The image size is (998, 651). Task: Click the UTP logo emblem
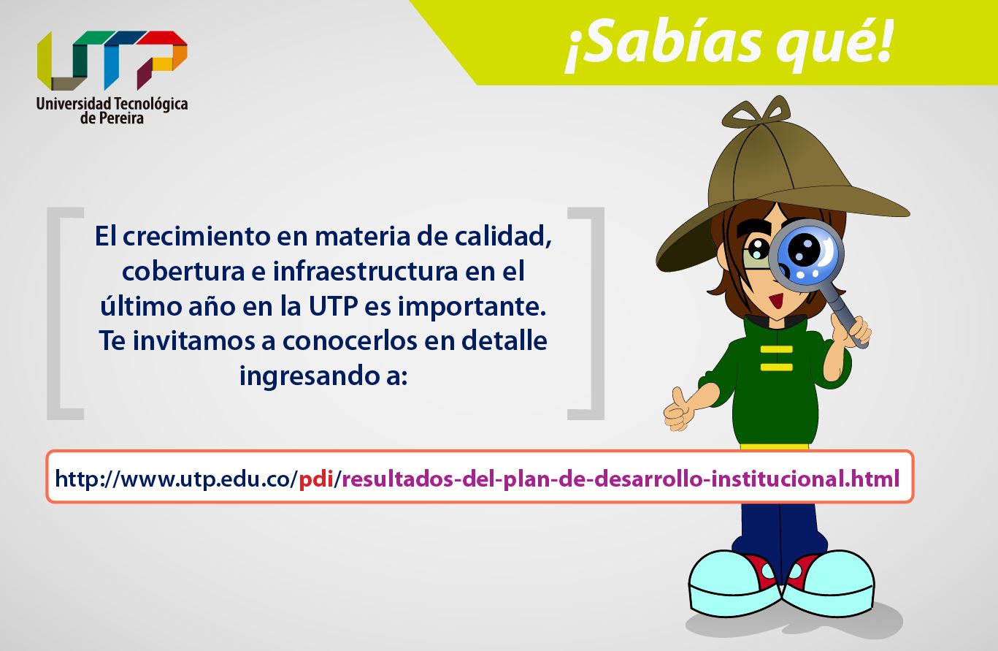pos(112,60)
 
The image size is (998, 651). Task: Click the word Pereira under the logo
pos(121,118)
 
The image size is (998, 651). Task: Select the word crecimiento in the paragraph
pos(196,236)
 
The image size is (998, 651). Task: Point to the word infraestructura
pos(365,271)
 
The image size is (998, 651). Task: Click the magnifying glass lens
pos(807,256)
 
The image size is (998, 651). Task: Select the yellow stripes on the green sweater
pos(777,358)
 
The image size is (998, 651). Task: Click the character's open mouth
pos(777,302)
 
